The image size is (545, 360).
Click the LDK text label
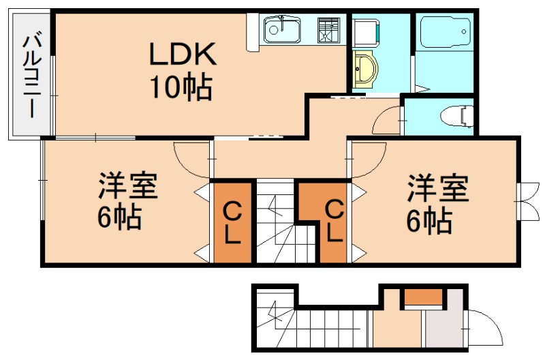pos(183,53)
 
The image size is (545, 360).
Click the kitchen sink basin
pos(282,29)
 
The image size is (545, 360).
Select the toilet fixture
pos(461,115)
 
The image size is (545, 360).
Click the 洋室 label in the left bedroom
pos(129,185)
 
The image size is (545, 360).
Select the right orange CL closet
pos(332,222)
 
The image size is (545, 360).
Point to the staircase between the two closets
pos(276,222)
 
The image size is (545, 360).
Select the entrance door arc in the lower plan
pos(483,327)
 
